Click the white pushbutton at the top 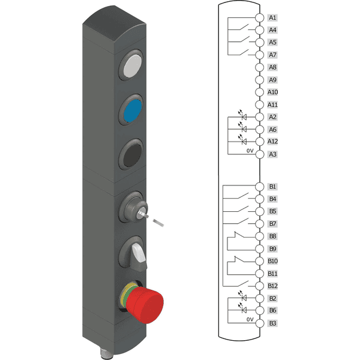[133, 65]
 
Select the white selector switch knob [139, 253]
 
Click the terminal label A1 [272, 17]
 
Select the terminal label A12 [272, 142]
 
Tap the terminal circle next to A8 [260, 67]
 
